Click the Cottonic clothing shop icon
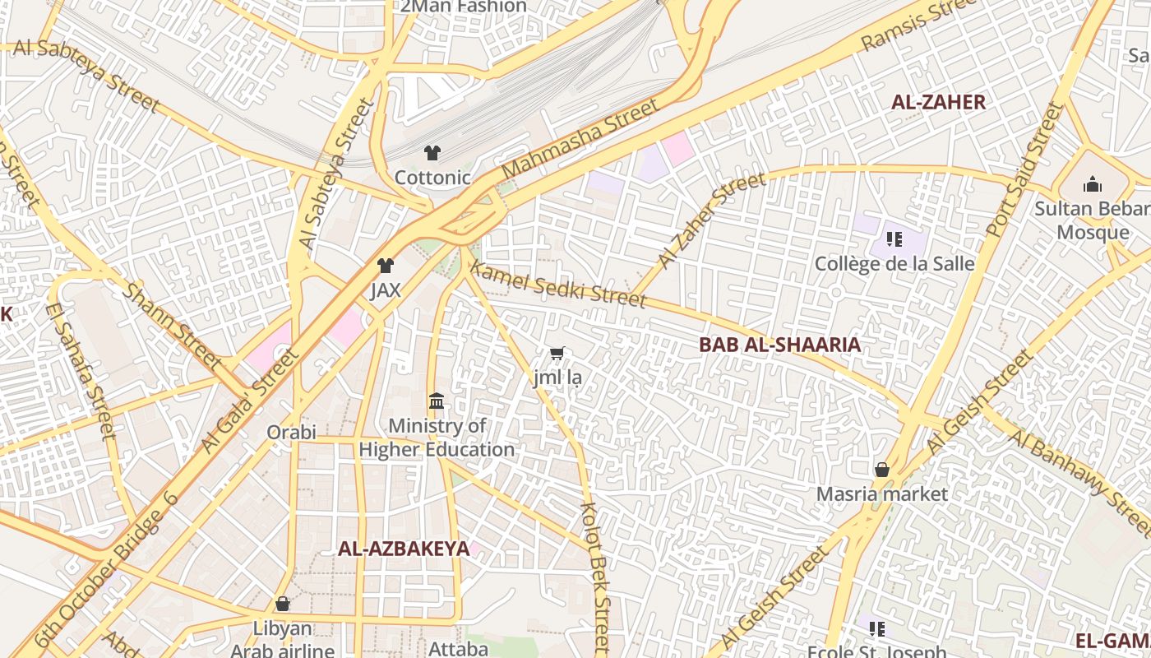pyautogui.click(x=432, y=153)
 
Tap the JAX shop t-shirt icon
pyautogui.click(x=385, y=266)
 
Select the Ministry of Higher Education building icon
pyautogui.click(x=437, y=402)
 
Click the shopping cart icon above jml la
pyautogui.click(x=557, y=354)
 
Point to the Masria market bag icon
pyautogui.click(x=881, y=470)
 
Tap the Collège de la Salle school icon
pyautogui.click(x=894, y=239)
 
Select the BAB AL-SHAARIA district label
pyautogui.click(x=779, y=345)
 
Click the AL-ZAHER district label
pyautogui.click(x=938, y=103)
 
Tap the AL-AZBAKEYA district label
pyautogui.click(x=404, y=549)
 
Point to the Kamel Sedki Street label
pyautogui.click(x=557, y=285)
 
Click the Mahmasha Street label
pyautogui.click(x=580, y=138)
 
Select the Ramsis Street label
pyautogui.click(x=918, y=25)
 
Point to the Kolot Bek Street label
pyautogui.click(x=596, y=576)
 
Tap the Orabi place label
pyautogui.click(x=291, y=432)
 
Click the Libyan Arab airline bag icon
pyautogui.click(x=282, y=605)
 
